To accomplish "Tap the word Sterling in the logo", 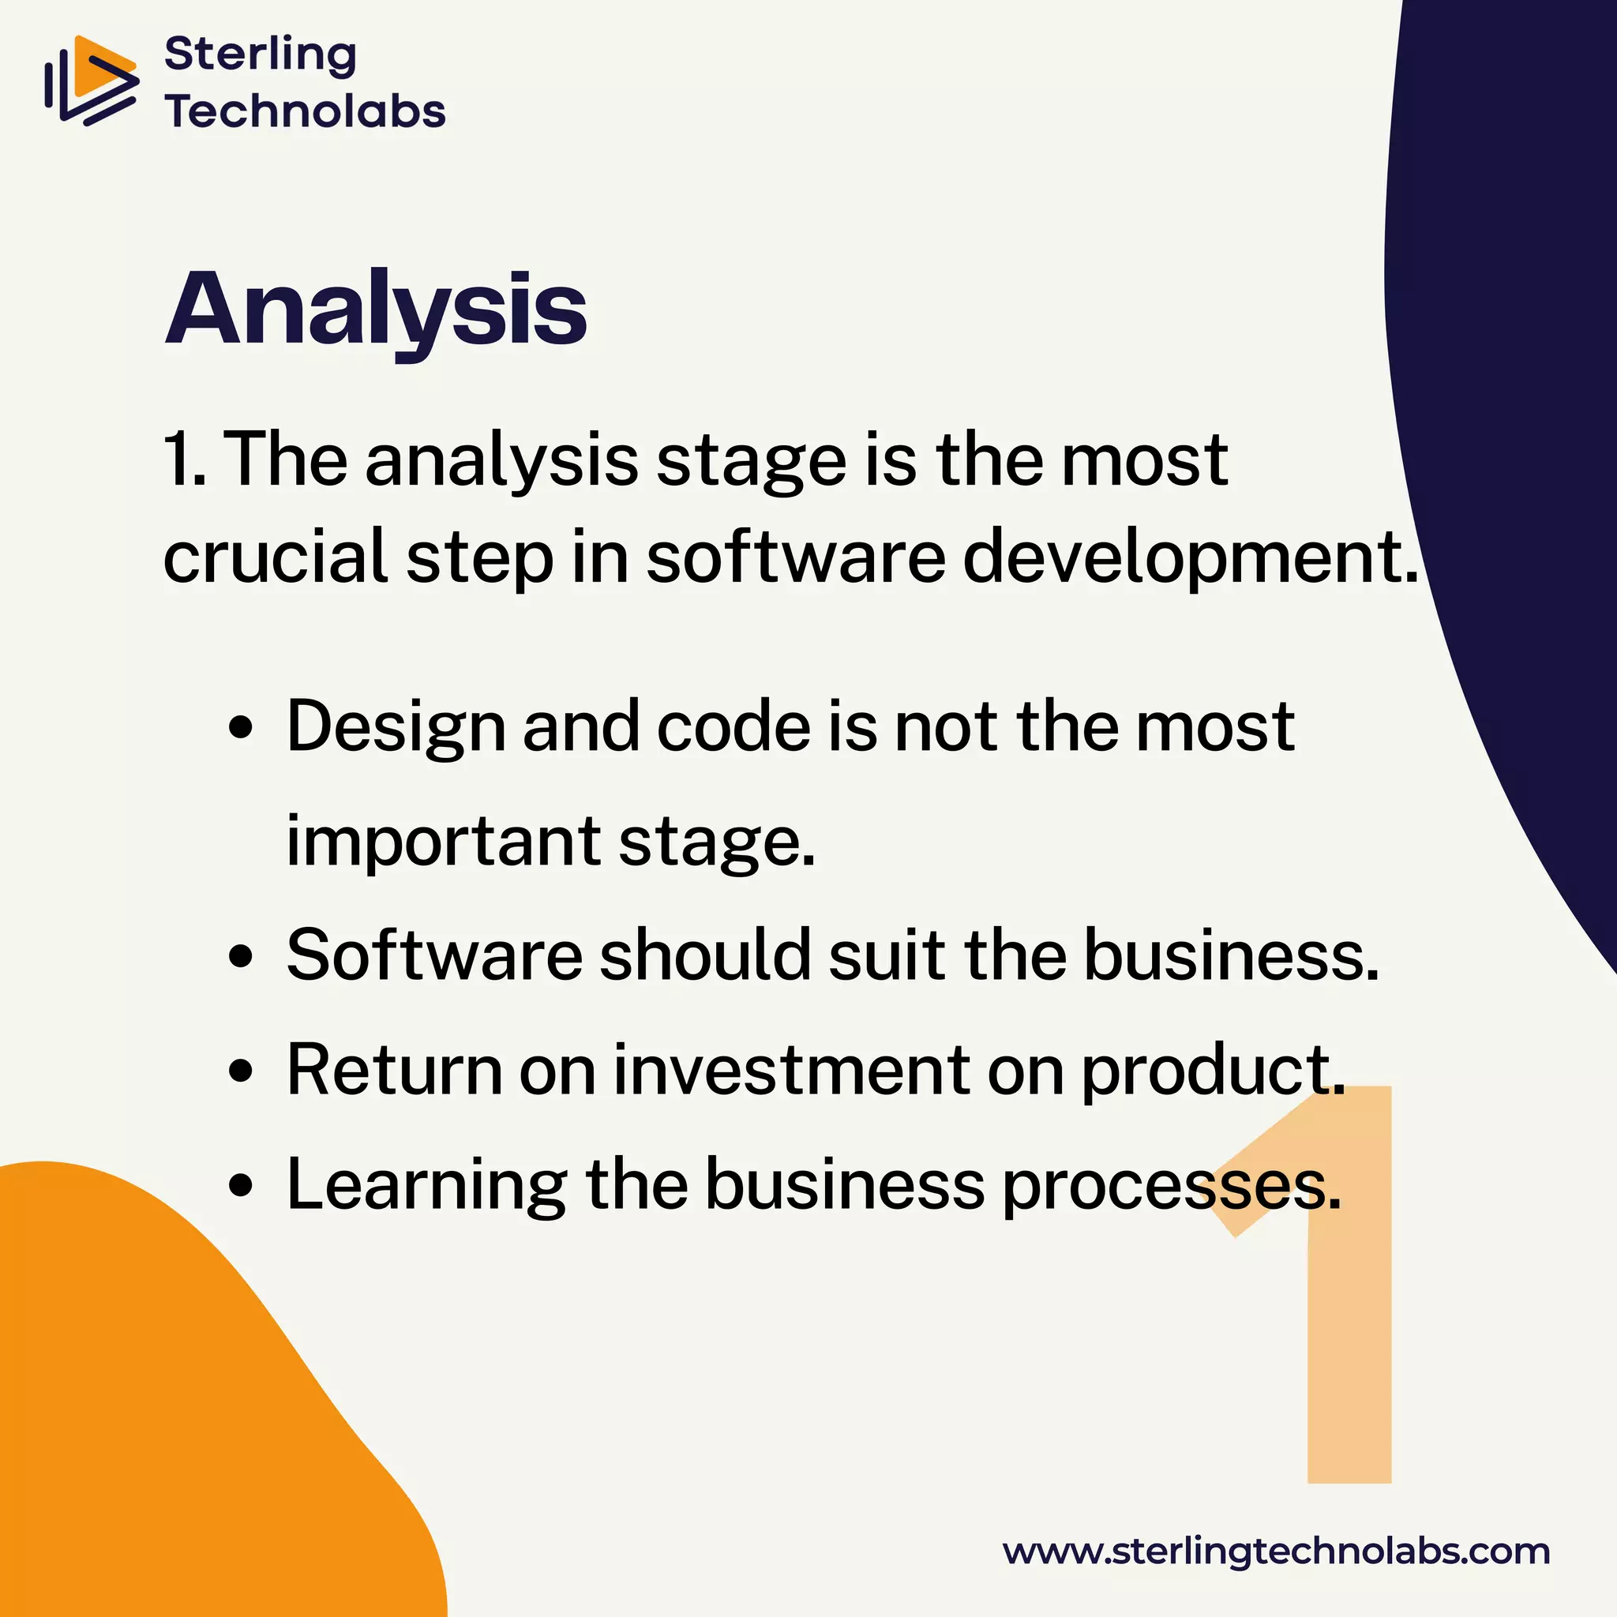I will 261,55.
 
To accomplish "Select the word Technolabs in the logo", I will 305,112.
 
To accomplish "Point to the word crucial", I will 276,557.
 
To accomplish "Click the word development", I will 1189,557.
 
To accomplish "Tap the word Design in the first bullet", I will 396,726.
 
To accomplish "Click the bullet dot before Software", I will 240,956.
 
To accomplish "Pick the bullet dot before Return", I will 240,1071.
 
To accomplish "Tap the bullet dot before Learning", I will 240,1185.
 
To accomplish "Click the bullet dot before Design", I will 240,727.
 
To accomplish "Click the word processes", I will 1171,1187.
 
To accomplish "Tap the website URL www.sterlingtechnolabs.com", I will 1277,1551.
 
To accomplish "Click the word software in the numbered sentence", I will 796,557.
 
